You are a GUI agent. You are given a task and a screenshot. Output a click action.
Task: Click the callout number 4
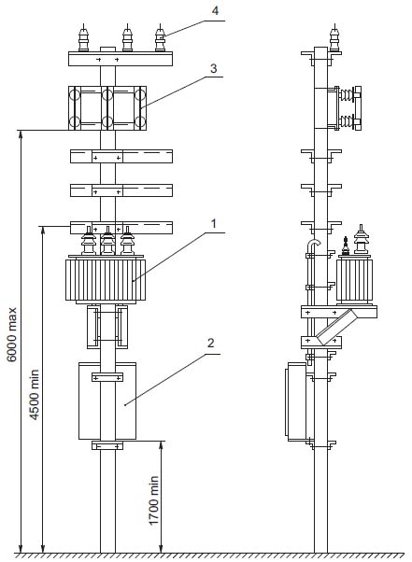tap(215, 10)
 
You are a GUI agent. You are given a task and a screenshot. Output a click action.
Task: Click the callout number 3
tap(214, 68)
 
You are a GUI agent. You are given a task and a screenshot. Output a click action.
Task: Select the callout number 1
tap(214, 224)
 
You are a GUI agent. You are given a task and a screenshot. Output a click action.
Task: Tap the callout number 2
tap(211, 343)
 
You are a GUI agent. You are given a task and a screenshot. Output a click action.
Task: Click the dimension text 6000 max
tap(12, 334)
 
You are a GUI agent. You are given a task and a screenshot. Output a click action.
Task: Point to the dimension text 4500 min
tap(34, 394)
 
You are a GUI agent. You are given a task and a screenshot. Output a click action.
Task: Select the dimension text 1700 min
tap(153, 500)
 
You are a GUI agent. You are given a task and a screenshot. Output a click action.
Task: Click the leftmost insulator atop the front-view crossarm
tap(83, 38)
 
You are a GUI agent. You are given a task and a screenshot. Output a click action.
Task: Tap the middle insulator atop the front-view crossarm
tap(127, 38)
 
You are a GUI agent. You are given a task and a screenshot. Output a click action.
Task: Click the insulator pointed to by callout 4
tap(160, 38)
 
